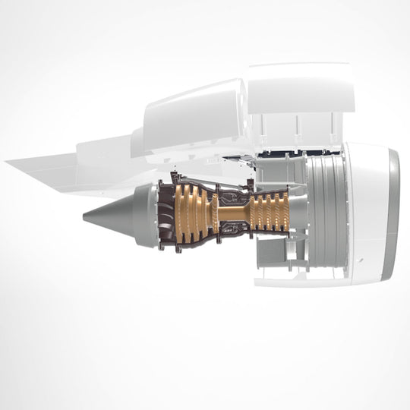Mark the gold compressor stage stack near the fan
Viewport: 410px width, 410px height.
[x=269, y=211]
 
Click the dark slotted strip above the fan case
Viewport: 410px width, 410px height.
[x=281, y=153]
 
